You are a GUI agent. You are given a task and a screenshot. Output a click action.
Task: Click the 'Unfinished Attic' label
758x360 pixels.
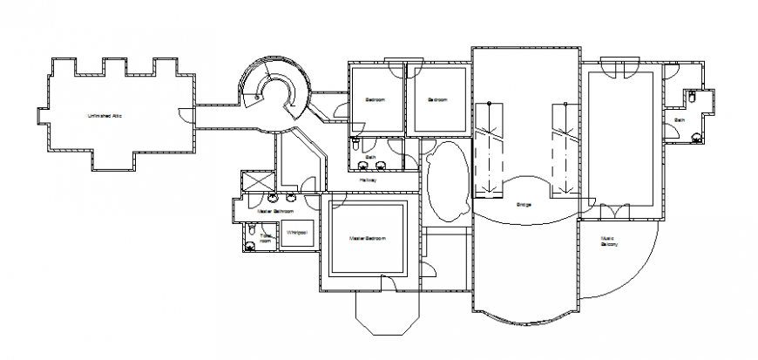click(103, 116)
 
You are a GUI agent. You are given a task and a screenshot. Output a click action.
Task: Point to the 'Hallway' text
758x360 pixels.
click(369, 180)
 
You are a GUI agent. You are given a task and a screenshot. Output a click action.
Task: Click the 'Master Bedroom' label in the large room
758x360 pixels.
click(367, 238)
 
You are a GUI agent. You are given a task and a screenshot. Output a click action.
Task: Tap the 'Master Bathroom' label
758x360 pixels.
click(275, 210)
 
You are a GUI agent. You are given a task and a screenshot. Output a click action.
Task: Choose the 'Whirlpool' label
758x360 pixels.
click(296, 234)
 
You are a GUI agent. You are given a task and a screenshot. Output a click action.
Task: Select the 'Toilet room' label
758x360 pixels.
click(266, 237)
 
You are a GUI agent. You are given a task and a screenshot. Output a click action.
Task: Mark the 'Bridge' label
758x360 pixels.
click(524, 206)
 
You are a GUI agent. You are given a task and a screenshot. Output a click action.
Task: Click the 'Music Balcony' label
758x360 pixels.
click(609, 241)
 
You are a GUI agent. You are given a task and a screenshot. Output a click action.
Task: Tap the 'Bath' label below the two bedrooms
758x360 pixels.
click(369, 159)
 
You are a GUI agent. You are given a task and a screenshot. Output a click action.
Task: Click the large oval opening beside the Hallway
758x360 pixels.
click(448, 181)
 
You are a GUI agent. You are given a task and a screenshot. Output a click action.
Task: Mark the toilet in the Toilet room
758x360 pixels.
click(251, 234)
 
